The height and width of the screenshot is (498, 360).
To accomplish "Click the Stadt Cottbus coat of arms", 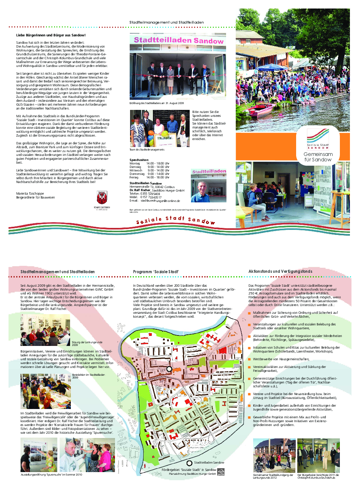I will pyautogui.click(x=102, y=197).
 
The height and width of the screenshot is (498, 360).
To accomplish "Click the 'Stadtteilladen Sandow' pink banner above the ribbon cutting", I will pyautogui.click(x=178, y=40).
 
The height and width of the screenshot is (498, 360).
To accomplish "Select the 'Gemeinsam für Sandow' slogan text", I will pyautogui.click(x=318, y=157).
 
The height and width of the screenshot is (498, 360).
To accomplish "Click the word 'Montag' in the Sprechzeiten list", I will pyautogui.click(x=135, y=163).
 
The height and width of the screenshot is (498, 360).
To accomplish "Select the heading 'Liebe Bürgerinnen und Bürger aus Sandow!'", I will pyautogui.click(x=51, y=35).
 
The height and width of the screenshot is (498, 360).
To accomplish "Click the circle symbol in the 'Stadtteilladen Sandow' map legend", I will pyautogui.click(x=189, y=463).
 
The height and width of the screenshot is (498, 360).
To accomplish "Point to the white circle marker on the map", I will pyautogui.click(x=169, y=370).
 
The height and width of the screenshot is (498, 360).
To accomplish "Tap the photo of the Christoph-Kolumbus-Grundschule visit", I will pyautogui.click(x=318, y=455).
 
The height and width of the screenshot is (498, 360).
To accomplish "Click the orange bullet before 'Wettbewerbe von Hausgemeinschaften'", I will pyautogui.click(x=250, y=359).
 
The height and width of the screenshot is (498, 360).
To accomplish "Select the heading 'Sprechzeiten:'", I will pyautogui.click(x=139, y=159).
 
